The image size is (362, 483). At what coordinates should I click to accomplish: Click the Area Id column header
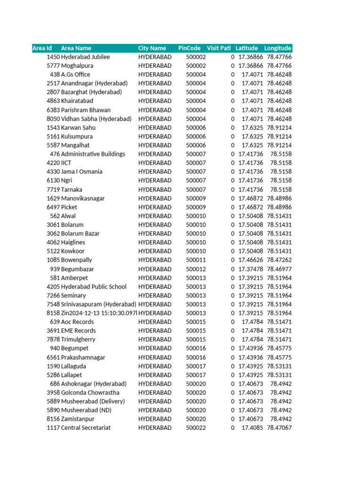click(42, 48)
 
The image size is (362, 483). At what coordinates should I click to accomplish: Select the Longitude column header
click(278, 48)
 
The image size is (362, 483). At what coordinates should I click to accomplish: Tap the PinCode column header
click(189, 48)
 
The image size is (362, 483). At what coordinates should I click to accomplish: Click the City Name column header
click(152, 48)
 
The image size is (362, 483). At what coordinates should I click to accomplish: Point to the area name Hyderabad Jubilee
click(85, 57)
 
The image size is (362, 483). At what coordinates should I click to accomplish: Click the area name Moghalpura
click(77, 66)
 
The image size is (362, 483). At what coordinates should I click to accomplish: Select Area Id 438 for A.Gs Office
click(55, 75)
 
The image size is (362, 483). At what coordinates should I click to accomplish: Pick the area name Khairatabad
click(77, 101)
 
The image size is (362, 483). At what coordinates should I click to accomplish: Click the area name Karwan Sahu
click(78, 128)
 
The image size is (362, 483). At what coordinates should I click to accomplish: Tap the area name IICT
click(66, 163)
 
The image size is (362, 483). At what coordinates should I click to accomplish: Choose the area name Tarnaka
click(72, 190)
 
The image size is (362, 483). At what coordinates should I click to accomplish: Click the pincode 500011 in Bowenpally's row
click(196, 260)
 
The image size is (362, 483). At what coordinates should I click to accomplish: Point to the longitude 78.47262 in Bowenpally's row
click(279, 260)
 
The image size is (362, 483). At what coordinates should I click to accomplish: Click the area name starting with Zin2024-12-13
click(99, 313)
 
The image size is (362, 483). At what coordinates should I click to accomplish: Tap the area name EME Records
click(78, 331)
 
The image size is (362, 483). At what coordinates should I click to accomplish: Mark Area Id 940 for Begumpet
click(55, 348)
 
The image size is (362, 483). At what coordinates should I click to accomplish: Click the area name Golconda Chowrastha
click(90, 392)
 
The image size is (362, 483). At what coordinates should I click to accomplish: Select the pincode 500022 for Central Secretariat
click(196, 428)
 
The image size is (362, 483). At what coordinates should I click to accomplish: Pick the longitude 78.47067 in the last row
click(279, 428)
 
